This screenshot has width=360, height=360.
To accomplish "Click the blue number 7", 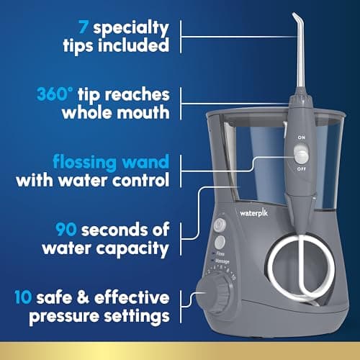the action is pos(83,27).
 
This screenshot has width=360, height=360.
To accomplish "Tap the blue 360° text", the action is pos(55,94).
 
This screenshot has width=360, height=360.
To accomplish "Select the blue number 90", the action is pos(66,229).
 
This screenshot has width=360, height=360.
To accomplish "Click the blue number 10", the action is pos(23,297).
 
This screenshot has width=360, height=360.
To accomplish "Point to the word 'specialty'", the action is pos(131,29).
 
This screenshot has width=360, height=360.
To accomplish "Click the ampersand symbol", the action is pos(84,297).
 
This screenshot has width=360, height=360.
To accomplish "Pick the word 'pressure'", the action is pos(64,318).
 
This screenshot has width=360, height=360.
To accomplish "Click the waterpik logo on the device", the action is pos(253,212).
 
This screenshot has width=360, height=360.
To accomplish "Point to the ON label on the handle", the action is pos(302,138).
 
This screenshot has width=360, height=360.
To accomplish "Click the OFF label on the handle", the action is pos(302,169).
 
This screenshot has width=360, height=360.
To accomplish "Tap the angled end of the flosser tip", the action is pos(295,17).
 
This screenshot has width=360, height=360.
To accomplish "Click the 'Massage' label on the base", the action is pos(222,261).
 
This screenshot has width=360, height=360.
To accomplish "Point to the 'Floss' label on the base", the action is pos(220,253).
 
